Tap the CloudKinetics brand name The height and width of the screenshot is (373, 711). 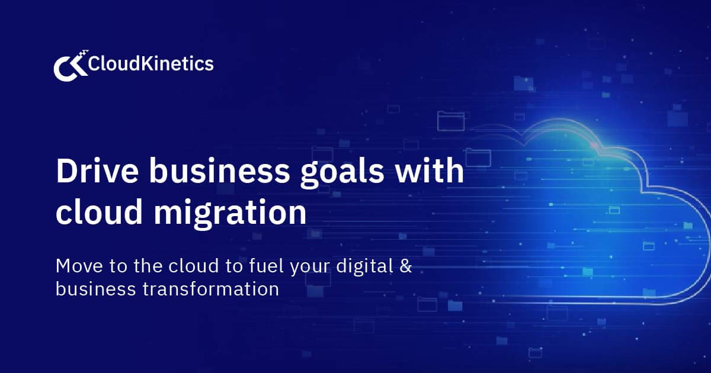coord(150,63)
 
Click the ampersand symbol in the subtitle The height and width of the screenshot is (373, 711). coord(405,266)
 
